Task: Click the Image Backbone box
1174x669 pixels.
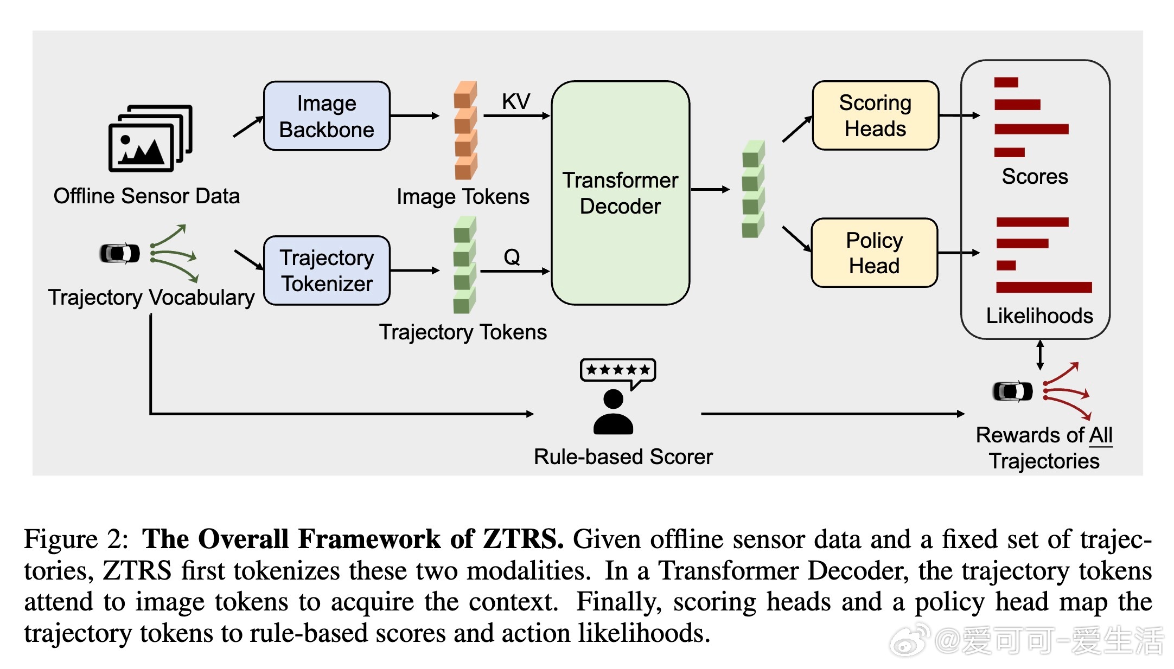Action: pyautogui.click(x=327, y=116)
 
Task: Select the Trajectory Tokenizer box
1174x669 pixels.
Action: pyautogui.click(x=327, y=271)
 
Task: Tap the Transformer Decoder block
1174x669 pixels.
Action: pyautogui.click(x=620, y=193)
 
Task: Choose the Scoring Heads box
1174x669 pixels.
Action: pyautogui.click(x=875, y=115)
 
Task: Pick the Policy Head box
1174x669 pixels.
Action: pyautogui.click(x=874, y=253)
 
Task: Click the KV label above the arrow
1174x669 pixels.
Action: pyautogui.click(x=515, y=101)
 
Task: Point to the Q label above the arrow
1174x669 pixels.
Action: pyautogui.click(x=512, y=256)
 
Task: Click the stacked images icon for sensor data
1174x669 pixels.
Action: pyautogui.click(x=150, y=138)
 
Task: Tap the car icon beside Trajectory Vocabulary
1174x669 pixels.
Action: pyautogui.click(x=120, y=253)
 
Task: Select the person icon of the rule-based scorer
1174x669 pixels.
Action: pyautogui.click(x=613, y=413)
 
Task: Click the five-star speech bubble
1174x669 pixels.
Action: pyautogui.click(x=618, y=371)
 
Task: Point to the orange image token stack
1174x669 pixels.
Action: pyautogui.click(x=465, y=131)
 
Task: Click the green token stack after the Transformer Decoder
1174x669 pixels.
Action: pyautogui.click(x=753, y=189)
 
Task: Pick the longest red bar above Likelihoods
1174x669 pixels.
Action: pyautogui.click(x=1043, y=287)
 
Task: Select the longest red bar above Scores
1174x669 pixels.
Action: pyautogui.click(x=1031, y=129)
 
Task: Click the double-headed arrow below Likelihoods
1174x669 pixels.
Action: pyautogui.click(x=1040, y=355)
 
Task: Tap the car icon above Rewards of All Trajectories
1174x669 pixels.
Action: pyautogui.click(x=1012, y=391)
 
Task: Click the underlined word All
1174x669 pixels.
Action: pyautogui.click(x=1101, y=435)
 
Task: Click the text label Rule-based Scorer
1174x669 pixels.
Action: pyautogui.click(x=623, y=457)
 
